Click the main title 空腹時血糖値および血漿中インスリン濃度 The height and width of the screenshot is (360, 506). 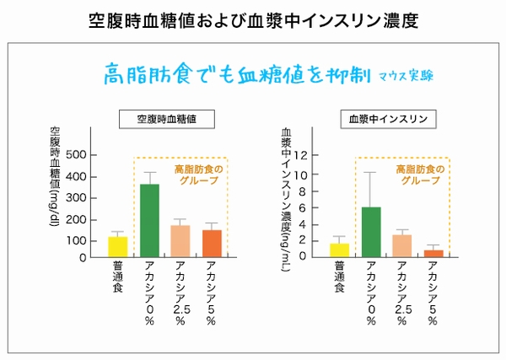253,19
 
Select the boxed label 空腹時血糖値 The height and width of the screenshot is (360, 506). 166,120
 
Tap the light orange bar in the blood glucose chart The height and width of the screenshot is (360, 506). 180,241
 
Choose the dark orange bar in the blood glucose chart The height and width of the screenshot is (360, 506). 212,244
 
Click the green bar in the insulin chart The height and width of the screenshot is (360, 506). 372,232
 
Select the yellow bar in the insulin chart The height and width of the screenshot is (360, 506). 340,250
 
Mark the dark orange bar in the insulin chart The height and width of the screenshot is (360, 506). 433,254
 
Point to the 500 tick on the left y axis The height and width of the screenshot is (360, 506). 76,155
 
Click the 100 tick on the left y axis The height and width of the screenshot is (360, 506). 76,240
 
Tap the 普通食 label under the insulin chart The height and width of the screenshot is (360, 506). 339,278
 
